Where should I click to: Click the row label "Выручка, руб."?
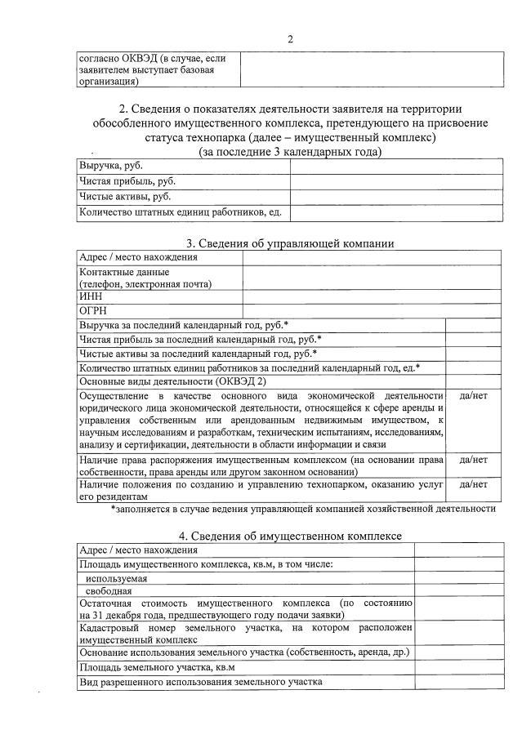[105, 166]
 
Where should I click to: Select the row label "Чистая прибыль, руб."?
[127, 181]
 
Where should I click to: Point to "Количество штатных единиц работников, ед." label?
[180, 212]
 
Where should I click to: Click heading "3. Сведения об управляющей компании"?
[290, 243]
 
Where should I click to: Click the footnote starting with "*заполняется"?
[303, 508]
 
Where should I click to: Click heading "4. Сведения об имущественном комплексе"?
[290, 536]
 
